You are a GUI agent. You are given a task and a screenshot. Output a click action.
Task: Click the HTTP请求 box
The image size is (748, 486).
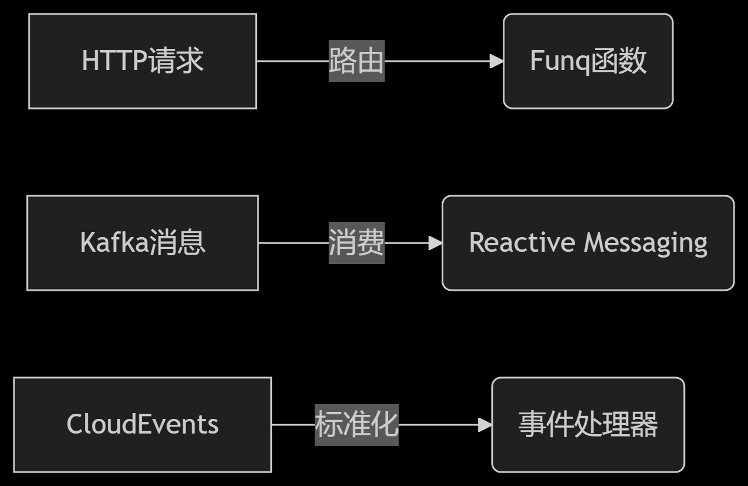[142, 61]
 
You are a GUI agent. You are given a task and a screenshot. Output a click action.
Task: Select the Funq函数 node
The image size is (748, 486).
[588, 61]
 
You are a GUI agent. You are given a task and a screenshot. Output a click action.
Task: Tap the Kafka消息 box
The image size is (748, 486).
[142, 243]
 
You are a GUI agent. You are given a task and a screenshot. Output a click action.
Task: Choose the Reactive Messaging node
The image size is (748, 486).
[588, 243]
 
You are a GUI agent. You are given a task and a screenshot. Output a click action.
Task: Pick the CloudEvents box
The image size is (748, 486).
[142, 424]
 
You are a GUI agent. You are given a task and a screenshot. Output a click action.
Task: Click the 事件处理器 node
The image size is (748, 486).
[588, 424]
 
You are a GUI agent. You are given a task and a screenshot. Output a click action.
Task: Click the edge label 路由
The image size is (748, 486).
[357, 61]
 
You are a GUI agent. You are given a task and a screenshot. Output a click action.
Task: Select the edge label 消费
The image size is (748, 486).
[357, 243]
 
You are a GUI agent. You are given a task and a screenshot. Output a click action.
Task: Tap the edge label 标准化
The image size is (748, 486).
[357, 424]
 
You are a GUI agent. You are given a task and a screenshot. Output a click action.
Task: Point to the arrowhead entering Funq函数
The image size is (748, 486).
[496, 61]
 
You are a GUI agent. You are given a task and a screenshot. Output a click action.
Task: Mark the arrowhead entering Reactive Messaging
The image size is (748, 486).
[435, 243]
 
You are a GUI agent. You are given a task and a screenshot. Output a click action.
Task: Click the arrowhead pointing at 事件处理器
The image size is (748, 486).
[485, 425]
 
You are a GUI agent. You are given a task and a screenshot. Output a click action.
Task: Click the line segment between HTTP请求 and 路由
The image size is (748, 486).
[292, 61]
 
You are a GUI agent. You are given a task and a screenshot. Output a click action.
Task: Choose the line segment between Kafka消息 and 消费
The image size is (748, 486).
[293, 243]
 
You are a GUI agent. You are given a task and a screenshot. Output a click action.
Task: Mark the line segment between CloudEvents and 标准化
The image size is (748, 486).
[293, 425]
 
